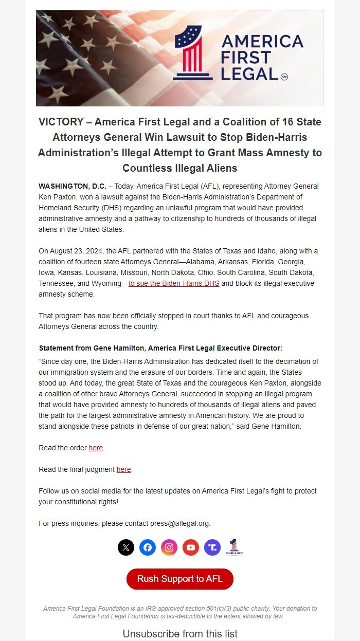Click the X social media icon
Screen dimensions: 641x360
coord(126,547)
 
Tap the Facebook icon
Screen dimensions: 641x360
coord(148,547)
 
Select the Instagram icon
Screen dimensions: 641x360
coord(169,547)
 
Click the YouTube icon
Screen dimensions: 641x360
coord(191,547)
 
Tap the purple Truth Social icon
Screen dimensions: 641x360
coord(212,547)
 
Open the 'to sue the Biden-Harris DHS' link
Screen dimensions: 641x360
coord(174,283)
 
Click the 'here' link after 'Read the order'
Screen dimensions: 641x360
coord(96,448)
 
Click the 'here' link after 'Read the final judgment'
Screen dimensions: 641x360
coord(123,469)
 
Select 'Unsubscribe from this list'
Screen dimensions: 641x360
coord(180,634)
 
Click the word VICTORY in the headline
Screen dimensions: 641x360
coord(61,122)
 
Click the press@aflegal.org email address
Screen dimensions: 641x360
coord(179,523)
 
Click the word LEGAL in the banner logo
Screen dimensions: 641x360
coord(249,74)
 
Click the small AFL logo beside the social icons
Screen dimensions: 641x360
coord(234,547)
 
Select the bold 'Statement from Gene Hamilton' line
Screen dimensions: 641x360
coord(160,348)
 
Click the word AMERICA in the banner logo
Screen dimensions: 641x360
coord(262,41)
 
